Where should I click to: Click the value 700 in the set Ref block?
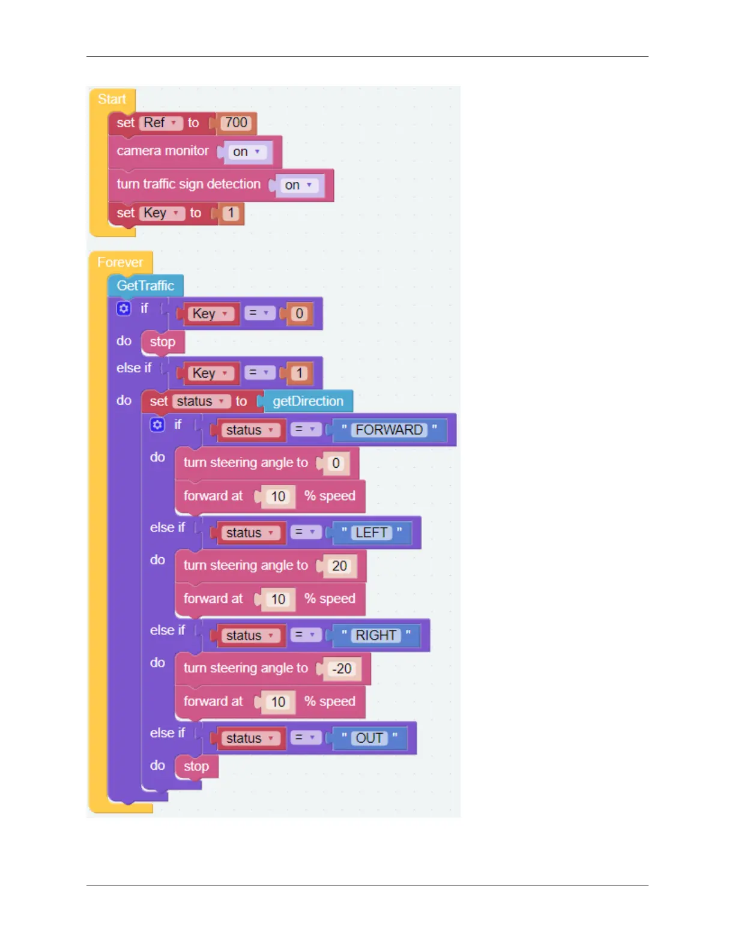coord(236,123)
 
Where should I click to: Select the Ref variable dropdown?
coord(160,123)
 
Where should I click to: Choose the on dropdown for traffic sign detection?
coord(299,186)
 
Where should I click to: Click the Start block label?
coord(112,100)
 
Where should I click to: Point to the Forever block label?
coord(120,262)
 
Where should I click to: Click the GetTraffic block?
coord(145,286)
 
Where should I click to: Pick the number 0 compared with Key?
coord(299,314)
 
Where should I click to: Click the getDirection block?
coord(307,401)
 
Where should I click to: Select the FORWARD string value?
coord(389,430)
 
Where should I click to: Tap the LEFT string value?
coord(371,533)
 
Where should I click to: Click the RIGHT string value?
coord(376,635)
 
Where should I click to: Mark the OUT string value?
coord(369,738)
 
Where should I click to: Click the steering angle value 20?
coord(339,566)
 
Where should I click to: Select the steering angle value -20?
coord(342,669)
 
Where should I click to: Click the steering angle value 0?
coord(336,463)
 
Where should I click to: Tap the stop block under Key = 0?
coord(163,342)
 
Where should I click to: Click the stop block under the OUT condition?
coord(196,767)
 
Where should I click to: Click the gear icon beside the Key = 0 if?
coord(124,309)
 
